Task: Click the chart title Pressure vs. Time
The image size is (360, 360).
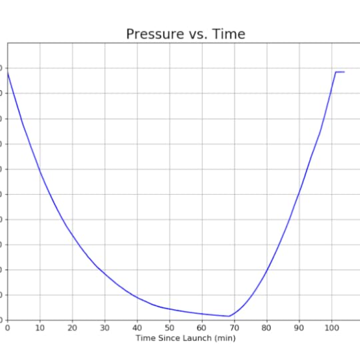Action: point(185,34)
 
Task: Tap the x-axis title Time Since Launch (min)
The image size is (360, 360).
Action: point(185,338)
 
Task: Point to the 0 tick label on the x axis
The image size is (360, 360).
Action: point(7,328)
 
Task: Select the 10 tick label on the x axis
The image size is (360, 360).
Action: point(40,328)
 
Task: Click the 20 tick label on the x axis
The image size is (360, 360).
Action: point(72,328)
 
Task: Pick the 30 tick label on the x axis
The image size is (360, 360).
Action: point(105,328)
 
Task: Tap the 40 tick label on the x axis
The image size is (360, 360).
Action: point(137,328)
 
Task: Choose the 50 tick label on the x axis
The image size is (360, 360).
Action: point(169,328)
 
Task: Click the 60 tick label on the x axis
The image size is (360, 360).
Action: point(202,328)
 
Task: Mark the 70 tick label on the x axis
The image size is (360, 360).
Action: point(235,328)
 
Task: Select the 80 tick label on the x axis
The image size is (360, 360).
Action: point(267,328)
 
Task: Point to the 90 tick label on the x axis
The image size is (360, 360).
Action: point(299,328)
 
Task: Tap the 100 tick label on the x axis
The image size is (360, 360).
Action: point(331,328)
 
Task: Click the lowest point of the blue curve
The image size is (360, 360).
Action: point(229,316)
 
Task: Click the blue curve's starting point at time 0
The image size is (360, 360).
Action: point(7,71)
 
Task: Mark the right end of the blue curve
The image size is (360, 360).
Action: point(344,71)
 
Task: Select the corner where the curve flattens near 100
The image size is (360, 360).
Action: point(335,71)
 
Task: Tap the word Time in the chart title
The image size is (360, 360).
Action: point(229,34)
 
